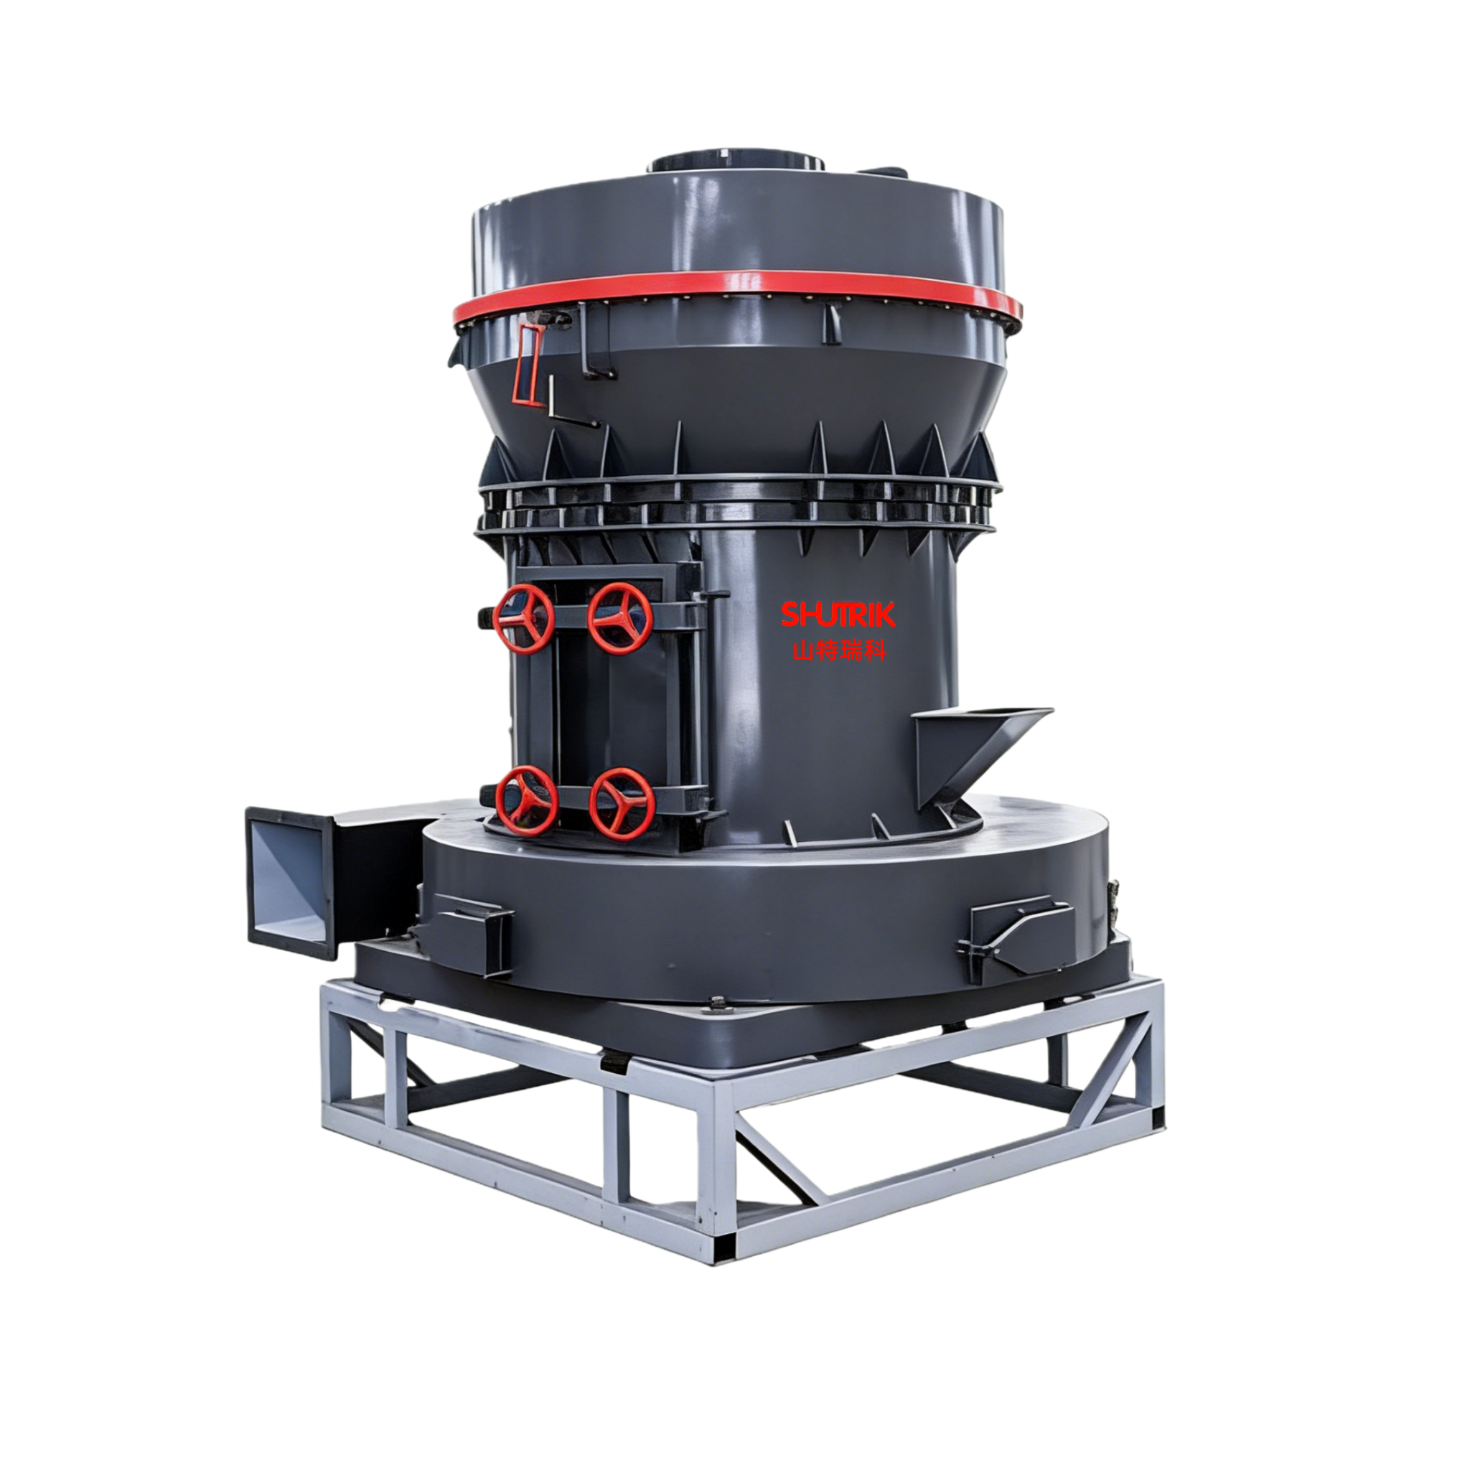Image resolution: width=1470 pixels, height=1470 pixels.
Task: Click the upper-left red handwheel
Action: (523, 619)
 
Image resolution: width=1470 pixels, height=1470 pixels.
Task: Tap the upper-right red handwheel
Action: (620, 618)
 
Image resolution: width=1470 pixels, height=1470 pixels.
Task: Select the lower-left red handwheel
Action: (527, 801)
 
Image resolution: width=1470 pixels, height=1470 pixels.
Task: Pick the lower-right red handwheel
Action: (622, 802)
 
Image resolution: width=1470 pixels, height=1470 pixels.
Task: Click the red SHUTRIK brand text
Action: (838, 614)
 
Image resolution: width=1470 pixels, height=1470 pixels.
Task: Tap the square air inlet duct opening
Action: (291, 882)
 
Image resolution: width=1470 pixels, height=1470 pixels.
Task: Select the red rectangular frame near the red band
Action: (529, 364)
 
